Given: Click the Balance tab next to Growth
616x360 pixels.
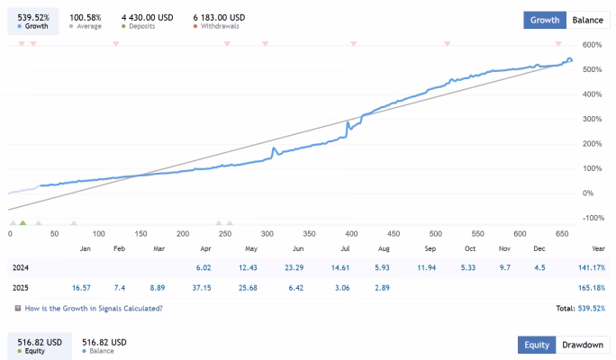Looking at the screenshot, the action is click(x=588, y=20).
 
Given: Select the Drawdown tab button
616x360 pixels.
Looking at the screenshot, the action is click(x=583, y=345).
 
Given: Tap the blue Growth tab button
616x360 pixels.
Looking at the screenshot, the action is click(x=545, y=20).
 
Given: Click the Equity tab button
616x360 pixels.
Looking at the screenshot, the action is click(x=537, y=345).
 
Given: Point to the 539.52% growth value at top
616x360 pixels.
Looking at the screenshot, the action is click(x=33, y=18).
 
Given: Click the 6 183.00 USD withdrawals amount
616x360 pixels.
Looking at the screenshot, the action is click(x=219, y=18).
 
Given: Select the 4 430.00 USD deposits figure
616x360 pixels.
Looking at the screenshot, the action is click(x=148, y=18).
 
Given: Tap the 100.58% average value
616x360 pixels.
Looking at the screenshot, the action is click(x=86, y=18).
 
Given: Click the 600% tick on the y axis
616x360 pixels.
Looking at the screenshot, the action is click(x=592, y=45).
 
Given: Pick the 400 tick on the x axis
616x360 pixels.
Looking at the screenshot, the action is click(x=351, y=234).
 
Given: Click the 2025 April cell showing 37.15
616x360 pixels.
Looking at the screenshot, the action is click(x=202, y=288).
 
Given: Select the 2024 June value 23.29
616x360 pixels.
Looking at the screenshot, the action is click(x=294, y=267).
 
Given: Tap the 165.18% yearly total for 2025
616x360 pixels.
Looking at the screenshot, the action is click(x=592, y=288).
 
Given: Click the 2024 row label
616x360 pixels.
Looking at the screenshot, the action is click(x=21, y=267).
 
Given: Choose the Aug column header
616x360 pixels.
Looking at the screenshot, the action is click(x=384, y=248).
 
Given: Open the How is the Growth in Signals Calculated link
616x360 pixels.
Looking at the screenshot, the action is click(x=94, y=309).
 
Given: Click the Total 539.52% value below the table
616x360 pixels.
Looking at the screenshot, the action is click(x=592, y=309).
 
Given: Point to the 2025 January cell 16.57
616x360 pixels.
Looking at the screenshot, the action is click(x=81, y=288).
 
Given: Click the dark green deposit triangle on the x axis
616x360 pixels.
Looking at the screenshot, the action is click(x=23, y=222).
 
